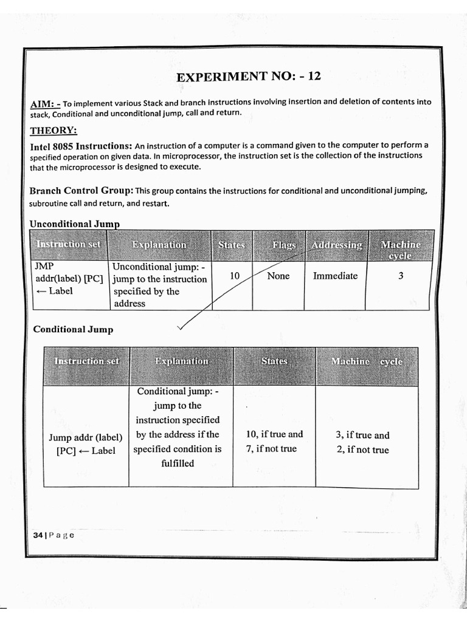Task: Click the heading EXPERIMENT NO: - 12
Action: point(248,77)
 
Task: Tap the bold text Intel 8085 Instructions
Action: point(81,146)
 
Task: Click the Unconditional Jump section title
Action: point(74,224)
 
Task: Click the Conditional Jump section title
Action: point(73,329)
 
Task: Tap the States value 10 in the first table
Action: point(235,276)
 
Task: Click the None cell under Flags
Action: point(278,276)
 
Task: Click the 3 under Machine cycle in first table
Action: point(401,276)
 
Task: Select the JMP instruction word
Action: point(44,266)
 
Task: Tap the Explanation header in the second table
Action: point(181,361)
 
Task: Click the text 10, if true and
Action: point(274,434)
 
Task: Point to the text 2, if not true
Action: point(362,450)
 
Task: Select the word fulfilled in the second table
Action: point(178,463)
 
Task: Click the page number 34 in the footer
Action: point(38,535)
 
